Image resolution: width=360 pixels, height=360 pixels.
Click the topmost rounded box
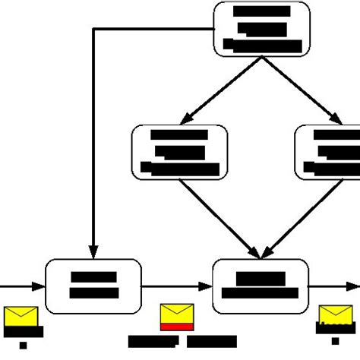(x=262, y=29)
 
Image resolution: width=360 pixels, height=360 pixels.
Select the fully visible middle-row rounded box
(x=179, y=152)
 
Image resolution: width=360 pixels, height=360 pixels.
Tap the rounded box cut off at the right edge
(x=327, y=152)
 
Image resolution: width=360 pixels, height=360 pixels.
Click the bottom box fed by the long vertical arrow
(x=93, y=286)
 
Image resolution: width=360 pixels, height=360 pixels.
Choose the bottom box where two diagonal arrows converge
(x=262, y=286)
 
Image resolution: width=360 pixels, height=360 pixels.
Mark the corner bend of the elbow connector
(x=93, y=30)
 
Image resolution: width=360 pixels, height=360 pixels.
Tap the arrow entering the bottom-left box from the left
(x=23, y=286)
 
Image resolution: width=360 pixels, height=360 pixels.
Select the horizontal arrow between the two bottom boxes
(x=176, y=286)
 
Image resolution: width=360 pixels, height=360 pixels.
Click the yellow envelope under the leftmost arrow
(x=21, y=316)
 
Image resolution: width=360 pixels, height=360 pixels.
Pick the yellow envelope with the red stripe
(x=177, y=314)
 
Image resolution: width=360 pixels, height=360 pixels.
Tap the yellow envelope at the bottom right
(x=334, y=316)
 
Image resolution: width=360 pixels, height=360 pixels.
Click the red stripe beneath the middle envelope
(x=177, y=327)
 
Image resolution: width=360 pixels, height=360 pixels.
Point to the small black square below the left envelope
(x=23, y=345)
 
